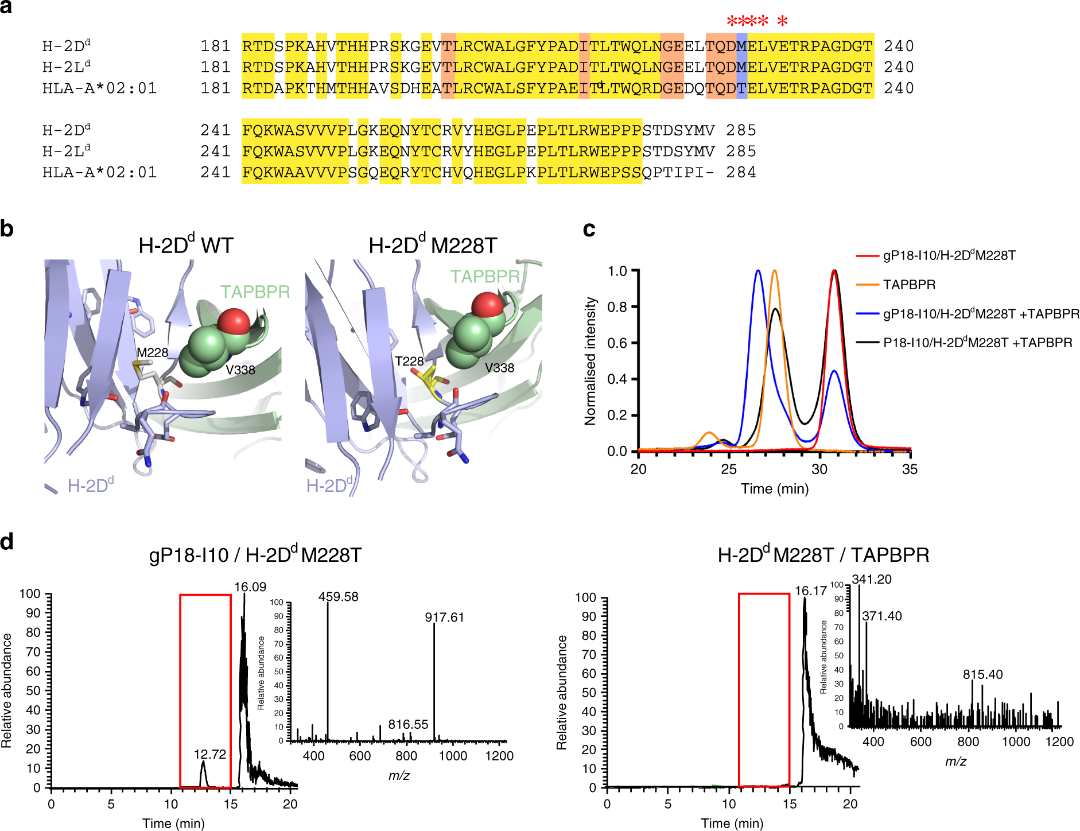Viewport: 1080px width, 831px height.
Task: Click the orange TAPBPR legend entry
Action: click(x=909, y=285)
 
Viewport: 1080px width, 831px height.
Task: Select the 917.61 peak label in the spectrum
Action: click(x=444, y=618)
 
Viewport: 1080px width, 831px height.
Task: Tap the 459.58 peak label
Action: click(x=338, y=597)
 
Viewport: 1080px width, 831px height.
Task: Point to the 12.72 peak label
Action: click(x=210, y=754)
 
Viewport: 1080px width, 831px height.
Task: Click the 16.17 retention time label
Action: click(x=810, y=591)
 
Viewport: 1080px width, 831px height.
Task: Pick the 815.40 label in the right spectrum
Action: click(x=982, y=674)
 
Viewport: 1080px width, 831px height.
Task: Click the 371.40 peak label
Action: click(x=882, y=616)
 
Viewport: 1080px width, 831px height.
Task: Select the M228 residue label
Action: click(x=152, y=352)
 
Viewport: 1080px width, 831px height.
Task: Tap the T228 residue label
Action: click(x=409, y=361)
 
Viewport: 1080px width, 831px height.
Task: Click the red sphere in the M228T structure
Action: click(x=488, y=305)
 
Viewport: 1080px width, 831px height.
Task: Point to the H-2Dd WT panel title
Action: click(x=185, y=246)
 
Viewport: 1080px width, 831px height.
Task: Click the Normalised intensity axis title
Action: click(x=590, y=361)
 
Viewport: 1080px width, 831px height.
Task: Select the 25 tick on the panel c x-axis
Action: click(x=729, y=469)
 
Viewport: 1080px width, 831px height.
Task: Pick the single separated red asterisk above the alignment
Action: click(x=782, y=21)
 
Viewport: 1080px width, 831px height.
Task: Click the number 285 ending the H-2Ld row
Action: click(x=741, y=152)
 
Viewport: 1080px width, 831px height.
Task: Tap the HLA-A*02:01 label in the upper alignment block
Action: click(x=99, y=88)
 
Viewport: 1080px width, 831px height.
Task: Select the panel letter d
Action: click(x=7, y=541)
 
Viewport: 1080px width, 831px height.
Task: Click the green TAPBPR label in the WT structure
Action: click(x=255, y=292)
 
